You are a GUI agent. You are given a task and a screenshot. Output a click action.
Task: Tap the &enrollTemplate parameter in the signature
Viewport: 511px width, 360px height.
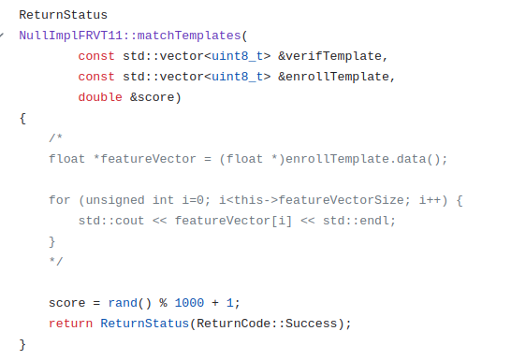coord(336,77)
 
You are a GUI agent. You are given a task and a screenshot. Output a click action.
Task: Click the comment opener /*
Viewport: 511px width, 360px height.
coord(56,138)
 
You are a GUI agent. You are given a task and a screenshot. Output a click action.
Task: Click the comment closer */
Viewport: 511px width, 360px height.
coord(56,262)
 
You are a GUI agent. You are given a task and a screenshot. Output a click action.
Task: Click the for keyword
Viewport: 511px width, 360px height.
coord(60,200)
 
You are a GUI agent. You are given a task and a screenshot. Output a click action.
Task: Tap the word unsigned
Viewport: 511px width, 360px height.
coord(110,200)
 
